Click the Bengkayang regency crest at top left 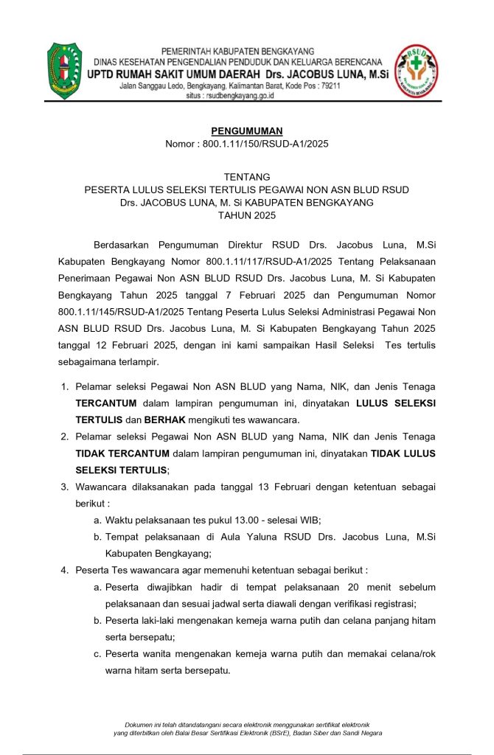point(65,71)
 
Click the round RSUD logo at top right point(417,71)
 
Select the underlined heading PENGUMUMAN point(246,131)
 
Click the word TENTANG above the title point(246,177)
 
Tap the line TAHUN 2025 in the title point(246,215)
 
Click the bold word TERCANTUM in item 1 point(110,403)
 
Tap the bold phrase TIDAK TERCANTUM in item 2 point(122,453)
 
